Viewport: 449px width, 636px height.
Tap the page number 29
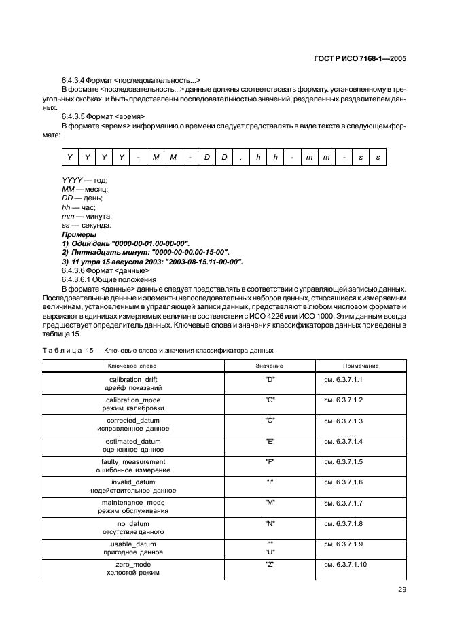click(x=401, y=590)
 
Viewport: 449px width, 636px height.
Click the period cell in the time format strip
click(x=240, y=158)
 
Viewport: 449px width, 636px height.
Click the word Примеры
click(x=79, y=234)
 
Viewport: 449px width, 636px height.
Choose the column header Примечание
click(x=361, y=366)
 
